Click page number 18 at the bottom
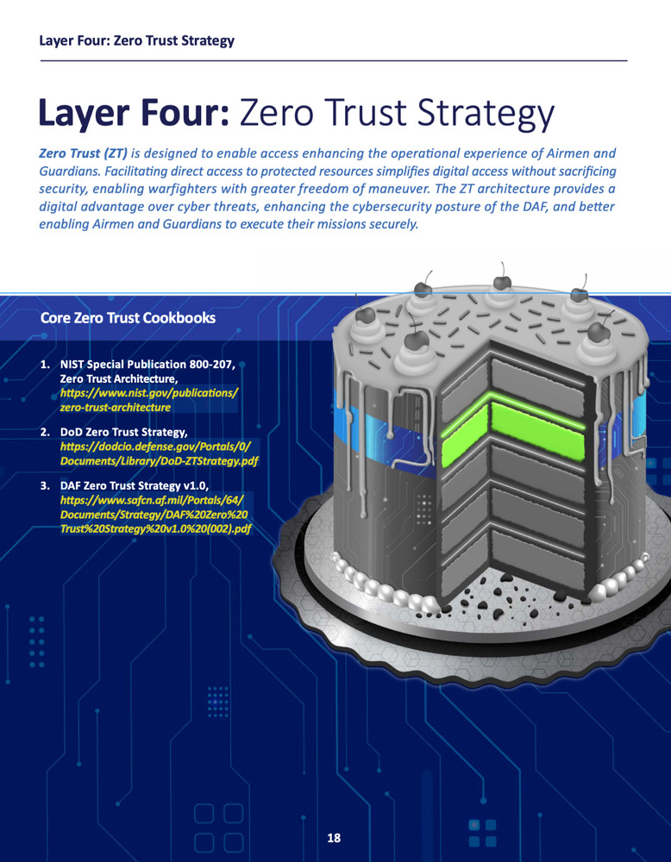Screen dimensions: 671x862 [334, 838]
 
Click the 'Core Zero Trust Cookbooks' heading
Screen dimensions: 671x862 [128, 318]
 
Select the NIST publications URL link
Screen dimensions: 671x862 [149, 400]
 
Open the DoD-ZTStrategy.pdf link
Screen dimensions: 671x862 [159, 453]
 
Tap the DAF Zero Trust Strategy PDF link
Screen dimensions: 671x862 [155, 514]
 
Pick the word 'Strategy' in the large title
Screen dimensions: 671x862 [486, 115]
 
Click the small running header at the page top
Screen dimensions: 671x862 [137, 41]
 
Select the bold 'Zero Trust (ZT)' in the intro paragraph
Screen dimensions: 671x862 [83, 153]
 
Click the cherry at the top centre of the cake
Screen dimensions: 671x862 [502, 282]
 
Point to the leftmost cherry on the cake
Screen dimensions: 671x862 [365, 315]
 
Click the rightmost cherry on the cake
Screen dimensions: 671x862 [598, 332]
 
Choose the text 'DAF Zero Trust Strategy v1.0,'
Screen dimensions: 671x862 [135, 485]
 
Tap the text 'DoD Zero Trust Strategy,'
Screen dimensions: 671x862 [124, 432]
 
